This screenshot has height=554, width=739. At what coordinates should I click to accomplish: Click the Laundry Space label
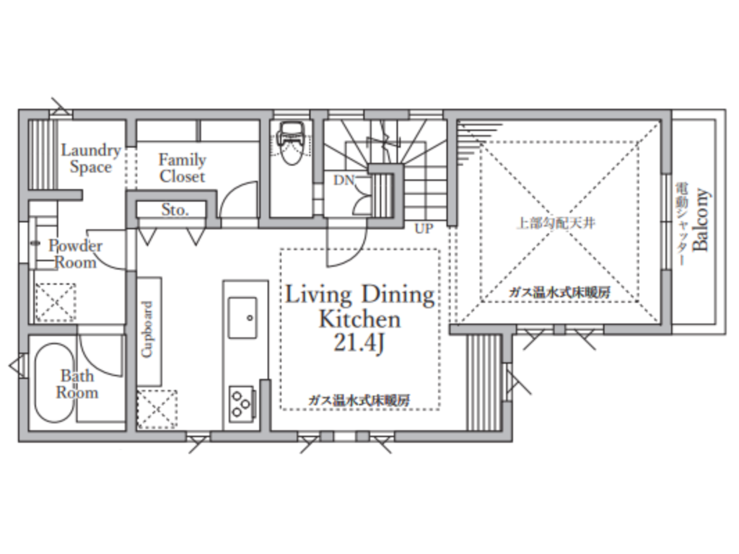click(91, 159)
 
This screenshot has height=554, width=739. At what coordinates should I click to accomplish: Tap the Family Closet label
click(183, 168)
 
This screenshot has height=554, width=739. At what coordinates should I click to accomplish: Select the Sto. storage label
click(175, 210)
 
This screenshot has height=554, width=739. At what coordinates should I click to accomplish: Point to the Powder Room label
click(75, 254)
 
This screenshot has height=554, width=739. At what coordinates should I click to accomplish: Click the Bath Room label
click(77, 384)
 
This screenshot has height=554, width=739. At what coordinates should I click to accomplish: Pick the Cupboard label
click(147, 329)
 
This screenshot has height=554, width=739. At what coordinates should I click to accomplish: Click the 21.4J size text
click(359, 343)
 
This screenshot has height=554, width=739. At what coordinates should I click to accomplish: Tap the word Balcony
click(701, 219)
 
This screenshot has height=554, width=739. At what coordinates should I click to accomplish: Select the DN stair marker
click(344, 180)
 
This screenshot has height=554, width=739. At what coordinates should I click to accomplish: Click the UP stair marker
click(424, 229)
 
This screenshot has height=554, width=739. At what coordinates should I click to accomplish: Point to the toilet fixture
click(292, 143)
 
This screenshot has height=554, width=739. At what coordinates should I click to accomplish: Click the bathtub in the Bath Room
click(55, 382)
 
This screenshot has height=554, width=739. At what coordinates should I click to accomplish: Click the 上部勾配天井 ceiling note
click(556, 223)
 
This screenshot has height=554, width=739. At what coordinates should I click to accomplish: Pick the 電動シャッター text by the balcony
click(681, 224)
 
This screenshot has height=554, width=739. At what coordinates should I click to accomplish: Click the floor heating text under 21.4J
click(359, 401)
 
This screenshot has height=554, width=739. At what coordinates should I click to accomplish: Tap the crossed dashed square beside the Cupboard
click(157, 409)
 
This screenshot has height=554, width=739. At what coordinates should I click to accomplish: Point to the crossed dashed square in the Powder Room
click(55, 302)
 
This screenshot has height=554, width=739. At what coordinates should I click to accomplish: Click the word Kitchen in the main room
click(359, 319)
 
